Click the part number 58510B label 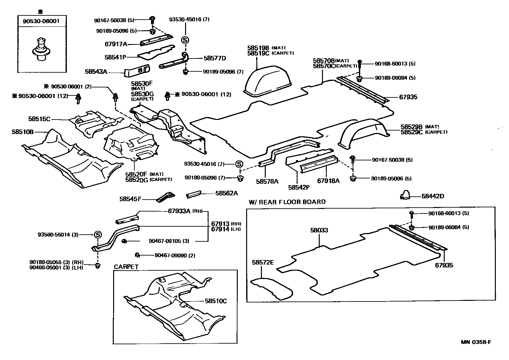pyautogui.click(x=23, y=132)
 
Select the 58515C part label pyautogui.click(x=39, y=119)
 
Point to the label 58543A pyautogui.click(x=96, y=72)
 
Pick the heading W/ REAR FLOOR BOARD pyautogui.click(x=287, y=202)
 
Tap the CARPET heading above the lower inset pyautogui.click(x=126, y=267)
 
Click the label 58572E pyautogui.click(x=263, y=263)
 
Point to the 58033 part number pyautogui.click(x=319, y=230)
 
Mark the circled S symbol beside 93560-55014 pyautogui.click(x=98, y=235)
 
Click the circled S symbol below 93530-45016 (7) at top pyautogui.click(x=185, y=40)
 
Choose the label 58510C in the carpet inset pyautogui.click(x=216, y=301)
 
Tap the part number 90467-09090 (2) pyautogui.click(x=174, y=256)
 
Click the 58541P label pyautogui.click(x=115, y=57)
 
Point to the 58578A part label pyautogui.click(x=267, y=181)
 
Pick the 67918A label pyautogui.click(x=328, y=181)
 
